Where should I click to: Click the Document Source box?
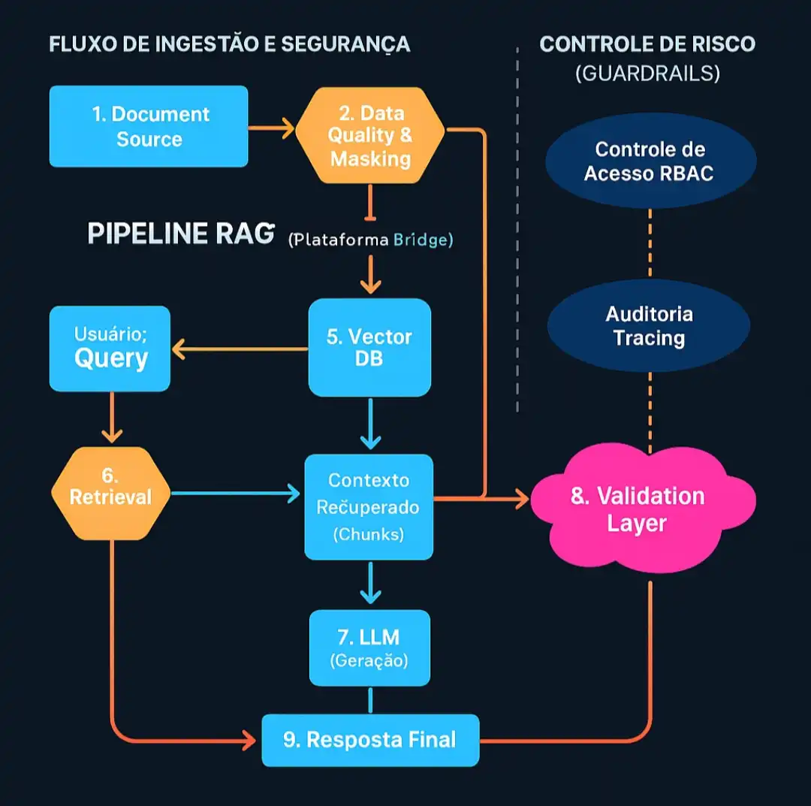149,126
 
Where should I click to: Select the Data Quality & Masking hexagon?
370,135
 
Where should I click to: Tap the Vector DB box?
369,347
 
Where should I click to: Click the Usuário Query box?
110,349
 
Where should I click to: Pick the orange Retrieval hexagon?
110,494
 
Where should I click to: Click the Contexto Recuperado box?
369,506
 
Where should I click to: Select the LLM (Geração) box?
369,648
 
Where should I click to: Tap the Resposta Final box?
370,740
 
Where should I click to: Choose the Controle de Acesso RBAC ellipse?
650,161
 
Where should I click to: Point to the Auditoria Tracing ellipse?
649,325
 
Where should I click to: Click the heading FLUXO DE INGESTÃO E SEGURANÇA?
230,44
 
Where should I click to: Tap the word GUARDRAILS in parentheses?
647,73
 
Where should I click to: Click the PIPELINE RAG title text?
181,234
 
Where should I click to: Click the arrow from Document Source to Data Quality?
271,128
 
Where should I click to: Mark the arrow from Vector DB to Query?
240,349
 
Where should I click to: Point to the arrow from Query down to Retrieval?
111,418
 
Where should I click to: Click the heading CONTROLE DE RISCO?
647,44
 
